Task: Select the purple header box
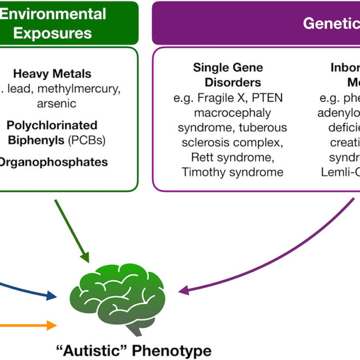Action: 256,23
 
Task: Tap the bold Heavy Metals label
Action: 52,74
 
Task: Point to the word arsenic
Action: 53,103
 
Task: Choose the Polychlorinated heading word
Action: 52,125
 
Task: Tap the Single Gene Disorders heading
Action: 227,75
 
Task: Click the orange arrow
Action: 27,325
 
